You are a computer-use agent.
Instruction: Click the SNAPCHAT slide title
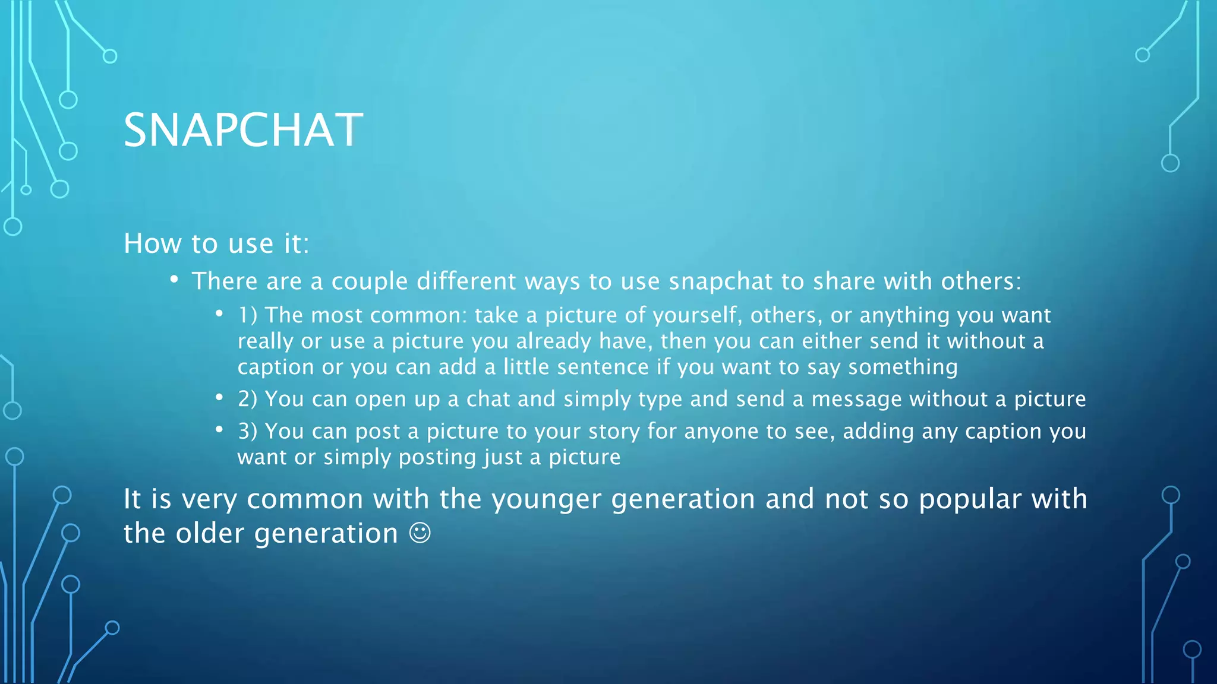point(242,130)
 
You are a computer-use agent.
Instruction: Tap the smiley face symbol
point(420,533)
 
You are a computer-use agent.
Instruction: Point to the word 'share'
point(844,281)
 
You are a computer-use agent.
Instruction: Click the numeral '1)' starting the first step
point(248,315)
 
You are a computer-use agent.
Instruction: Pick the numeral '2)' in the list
point(248,399)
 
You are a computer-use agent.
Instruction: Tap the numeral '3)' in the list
point(248,431)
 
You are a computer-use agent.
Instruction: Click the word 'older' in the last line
point(210,533)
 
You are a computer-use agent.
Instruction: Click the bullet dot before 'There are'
point(174,279)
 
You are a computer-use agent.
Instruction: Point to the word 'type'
point(660,400)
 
